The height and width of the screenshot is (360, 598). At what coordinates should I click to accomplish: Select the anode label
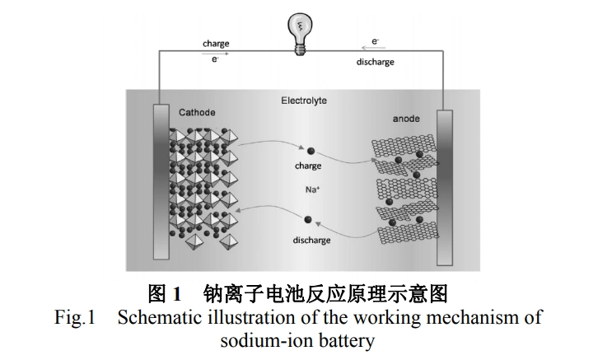click(x=405, y=119)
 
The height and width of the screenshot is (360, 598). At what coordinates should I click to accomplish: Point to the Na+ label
click(x=312, y=191)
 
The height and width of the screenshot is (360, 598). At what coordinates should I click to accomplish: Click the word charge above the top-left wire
click(x=216, y=44)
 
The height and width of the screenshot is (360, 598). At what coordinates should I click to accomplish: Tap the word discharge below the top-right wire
click(x=375, y=62)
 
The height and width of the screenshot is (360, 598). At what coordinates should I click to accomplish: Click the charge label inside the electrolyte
click(x=308, y=166)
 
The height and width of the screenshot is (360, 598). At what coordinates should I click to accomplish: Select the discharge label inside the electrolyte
click(x=311, y=241)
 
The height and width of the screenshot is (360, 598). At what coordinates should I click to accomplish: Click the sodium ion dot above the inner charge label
click(x=311, y=150)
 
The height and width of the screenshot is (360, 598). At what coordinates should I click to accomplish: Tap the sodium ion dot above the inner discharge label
click(x=308, y=220)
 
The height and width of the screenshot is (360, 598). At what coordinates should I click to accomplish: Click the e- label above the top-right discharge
click(x=376, y=41)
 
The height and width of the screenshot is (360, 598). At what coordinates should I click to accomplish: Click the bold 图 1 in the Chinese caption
click(x=164, y=293)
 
